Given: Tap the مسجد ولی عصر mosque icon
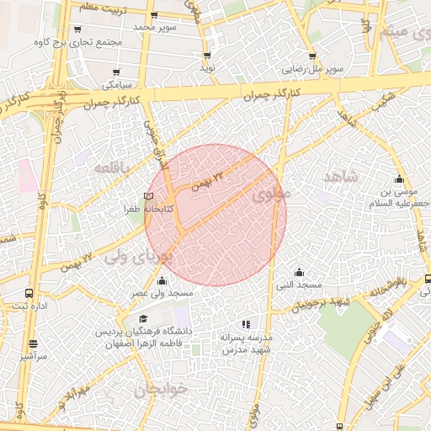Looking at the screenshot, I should coord(162,280).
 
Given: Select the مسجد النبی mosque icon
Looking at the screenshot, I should coord(300,272).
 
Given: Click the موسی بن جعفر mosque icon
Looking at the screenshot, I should coord(399,178).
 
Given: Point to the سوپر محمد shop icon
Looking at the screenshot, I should coord(155,15).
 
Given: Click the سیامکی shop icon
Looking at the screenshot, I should coord(116,72).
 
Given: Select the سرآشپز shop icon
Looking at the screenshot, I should coord(34,343).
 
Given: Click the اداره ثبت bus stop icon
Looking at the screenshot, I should coord(29,294).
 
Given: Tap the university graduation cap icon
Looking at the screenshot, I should coord(143,319).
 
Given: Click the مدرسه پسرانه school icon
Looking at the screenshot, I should coord(246,324).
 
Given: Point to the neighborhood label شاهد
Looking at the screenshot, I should coord(340,176).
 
